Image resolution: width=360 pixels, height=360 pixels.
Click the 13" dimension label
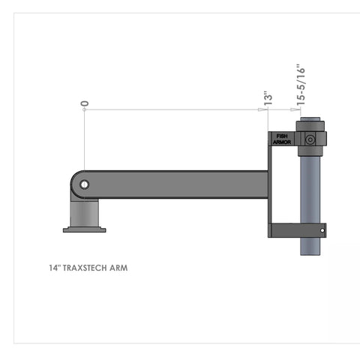tap(266, 98)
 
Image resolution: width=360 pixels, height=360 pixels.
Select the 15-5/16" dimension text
tap(300, 84)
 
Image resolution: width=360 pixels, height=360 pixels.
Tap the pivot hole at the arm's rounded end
tap(85, 184)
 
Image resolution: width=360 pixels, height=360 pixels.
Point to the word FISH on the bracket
tap(282, 136)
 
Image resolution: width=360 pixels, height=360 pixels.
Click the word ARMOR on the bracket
tap(282, 141)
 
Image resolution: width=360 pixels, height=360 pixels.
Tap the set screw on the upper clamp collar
tap(310, 139)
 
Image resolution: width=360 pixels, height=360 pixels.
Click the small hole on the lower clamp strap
tap(323, 229)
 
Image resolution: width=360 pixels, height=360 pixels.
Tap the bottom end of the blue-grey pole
tap(310, 251)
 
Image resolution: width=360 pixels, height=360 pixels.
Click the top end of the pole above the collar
tap(310, 121)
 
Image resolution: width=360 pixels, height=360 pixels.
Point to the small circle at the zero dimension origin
tap(85, 109)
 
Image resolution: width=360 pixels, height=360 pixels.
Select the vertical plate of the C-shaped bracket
tap(271, 184)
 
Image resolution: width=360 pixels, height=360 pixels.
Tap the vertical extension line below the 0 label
tap(85, 142)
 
